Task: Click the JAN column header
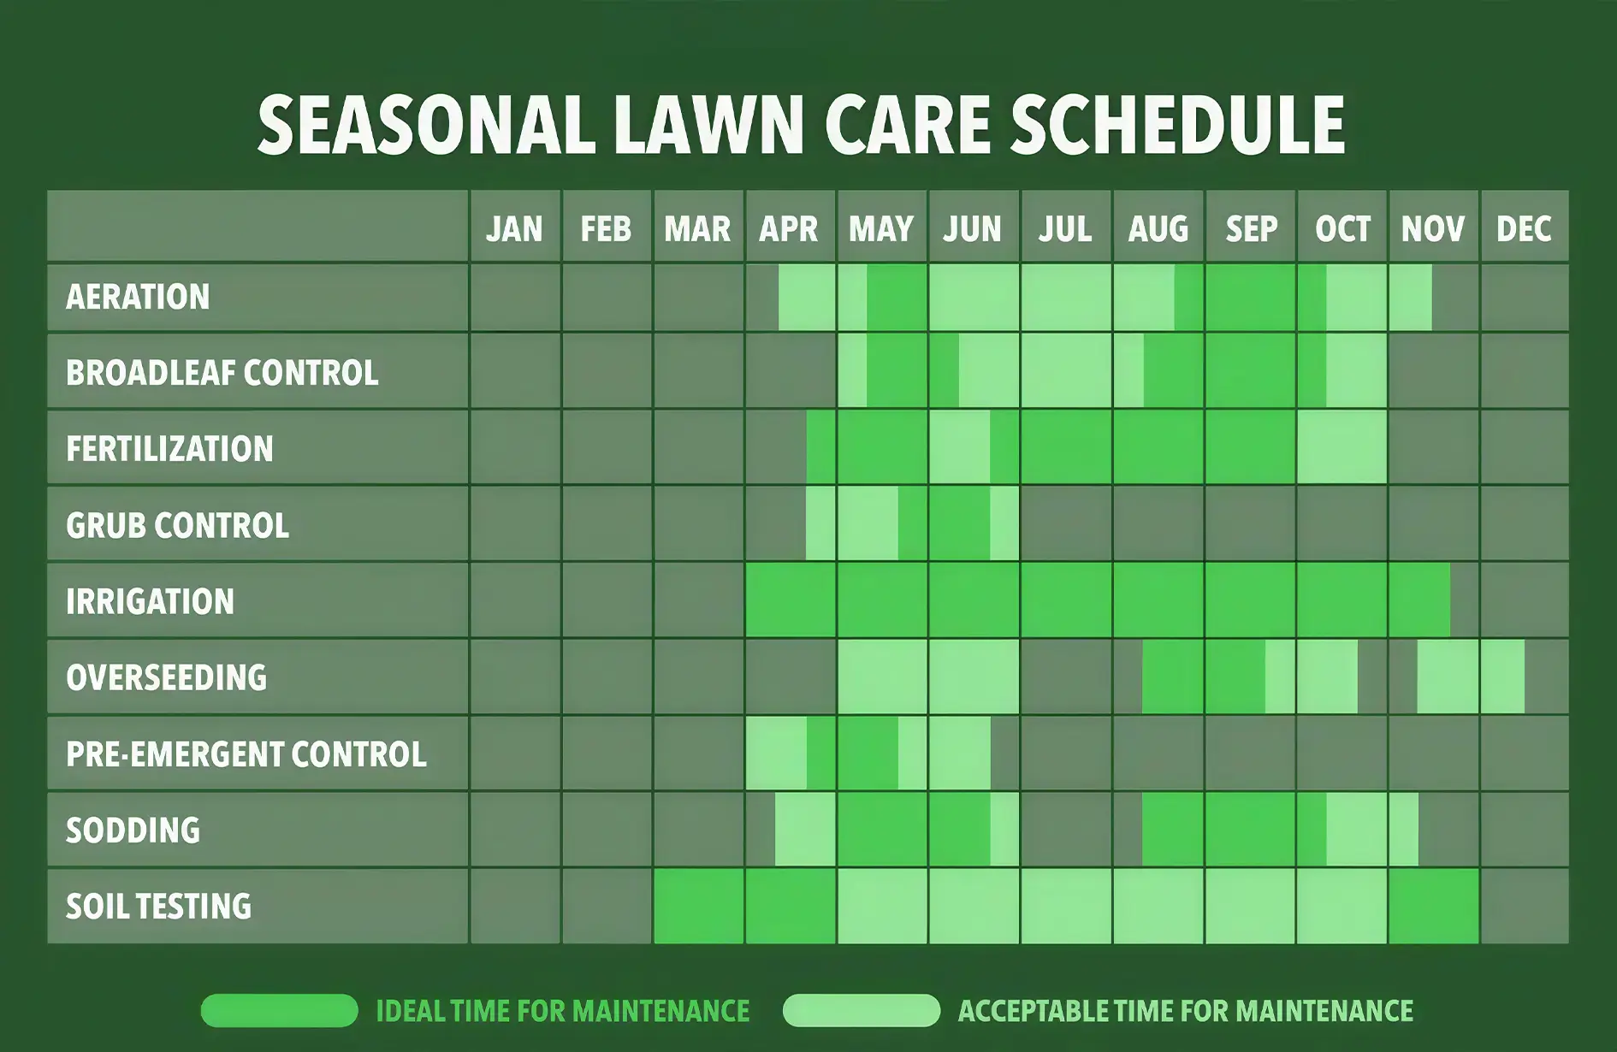514,228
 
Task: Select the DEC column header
1524,228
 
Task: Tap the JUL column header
1065,228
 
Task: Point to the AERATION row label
138,297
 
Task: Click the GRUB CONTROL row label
177,525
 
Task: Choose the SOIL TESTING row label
158,906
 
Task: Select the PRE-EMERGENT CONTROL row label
246,754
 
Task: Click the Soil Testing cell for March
698,906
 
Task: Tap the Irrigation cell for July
1066,600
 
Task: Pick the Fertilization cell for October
1342,447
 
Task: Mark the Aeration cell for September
1250,297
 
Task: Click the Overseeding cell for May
882,677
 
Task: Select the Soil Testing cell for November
1433,906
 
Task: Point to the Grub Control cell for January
515,524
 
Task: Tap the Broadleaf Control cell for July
1066,371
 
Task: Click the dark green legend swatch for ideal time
279,1010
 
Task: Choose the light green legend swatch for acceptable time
861,1010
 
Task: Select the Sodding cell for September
1250,829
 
